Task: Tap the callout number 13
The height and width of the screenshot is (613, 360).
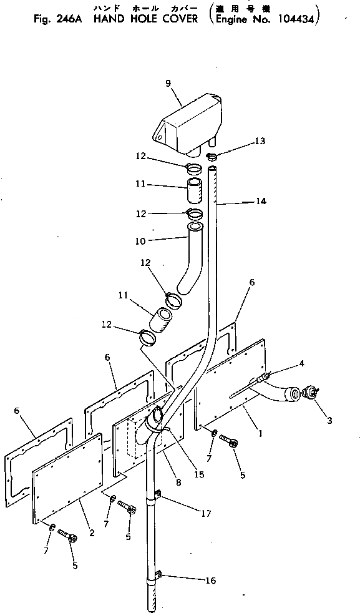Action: tap(260, 142)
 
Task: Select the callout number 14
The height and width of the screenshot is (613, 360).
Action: tap(260, 202)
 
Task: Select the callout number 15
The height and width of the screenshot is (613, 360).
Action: tap(199, 474)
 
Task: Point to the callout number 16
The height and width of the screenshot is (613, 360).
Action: tap(210, 581)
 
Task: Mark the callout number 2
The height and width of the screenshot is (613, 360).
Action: tap(92, 532)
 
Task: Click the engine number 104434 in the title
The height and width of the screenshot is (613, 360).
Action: tap(295, 19)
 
